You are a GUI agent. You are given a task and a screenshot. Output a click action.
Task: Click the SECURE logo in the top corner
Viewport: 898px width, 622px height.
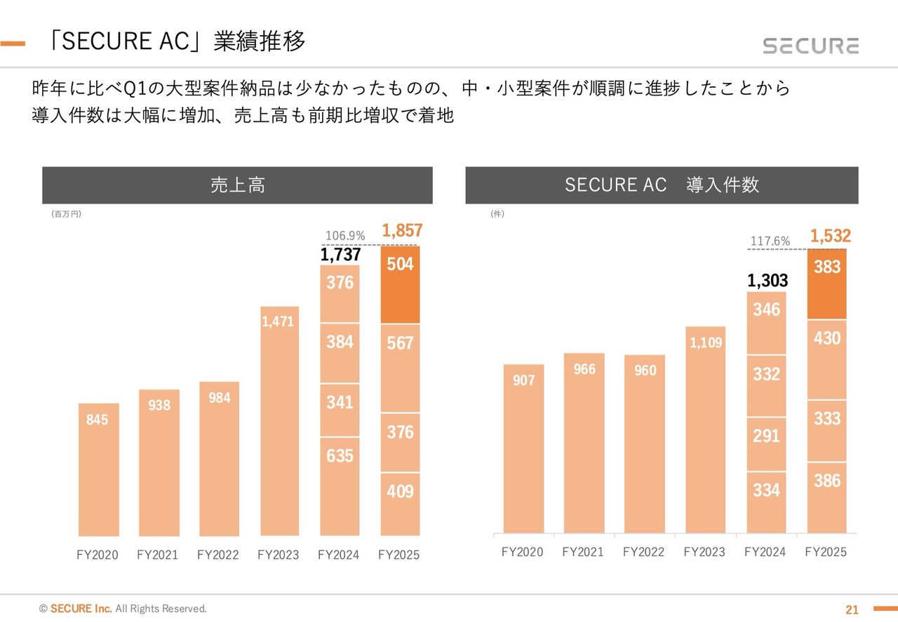click(x=810, y=46)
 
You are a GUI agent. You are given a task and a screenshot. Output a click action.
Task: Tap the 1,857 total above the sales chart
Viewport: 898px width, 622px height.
click(x=401, y=230)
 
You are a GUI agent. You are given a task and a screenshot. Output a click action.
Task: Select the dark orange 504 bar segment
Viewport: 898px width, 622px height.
click(x=400, y=284)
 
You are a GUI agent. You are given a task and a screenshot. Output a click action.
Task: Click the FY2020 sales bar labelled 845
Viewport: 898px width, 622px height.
click(x=98, y=469)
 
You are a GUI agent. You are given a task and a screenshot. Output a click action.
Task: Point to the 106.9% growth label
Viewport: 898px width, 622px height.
click(x=345, y=236)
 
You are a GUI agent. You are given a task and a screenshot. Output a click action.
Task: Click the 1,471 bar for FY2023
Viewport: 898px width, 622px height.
click(x=279, y=421)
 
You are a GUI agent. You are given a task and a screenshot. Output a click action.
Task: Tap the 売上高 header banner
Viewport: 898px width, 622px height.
click(x=237, y=185)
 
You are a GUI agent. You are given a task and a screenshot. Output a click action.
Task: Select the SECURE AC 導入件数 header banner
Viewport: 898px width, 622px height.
click(x=662, y=185)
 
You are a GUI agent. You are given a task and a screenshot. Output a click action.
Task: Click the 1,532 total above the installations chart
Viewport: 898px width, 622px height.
click(x=830, y=237)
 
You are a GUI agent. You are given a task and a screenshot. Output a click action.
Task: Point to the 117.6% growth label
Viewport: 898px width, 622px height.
click(x=770, y=241)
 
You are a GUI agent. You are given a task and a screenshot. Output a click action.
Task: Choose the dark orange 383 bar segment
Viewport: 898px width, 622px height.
click(x=827, y=284)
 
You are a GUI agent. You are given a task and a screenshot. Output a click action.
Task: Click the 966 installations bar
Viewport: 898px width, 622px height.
click(x=584, y=442)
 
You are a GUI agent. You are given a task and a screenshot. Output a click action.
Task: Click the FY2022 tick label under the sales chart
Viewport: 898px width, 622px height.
click(x=218, y=555)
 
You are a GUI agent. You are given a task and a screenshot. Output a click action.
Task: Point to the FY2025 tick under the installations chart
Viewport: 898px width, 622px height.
click(x=826, y=552)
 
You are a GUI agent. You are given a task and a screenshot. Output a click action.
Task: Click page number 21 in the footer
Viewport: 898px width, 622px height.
click(x=852, y=609)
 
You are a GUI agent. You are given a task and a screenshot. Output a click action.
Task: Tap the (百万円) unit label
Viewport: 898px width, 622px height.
click(x=66, y=214)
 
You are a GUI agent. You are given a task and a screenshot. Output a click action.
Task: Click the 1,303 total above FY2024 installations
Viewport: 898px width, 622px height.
click(x=768, y=282)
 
